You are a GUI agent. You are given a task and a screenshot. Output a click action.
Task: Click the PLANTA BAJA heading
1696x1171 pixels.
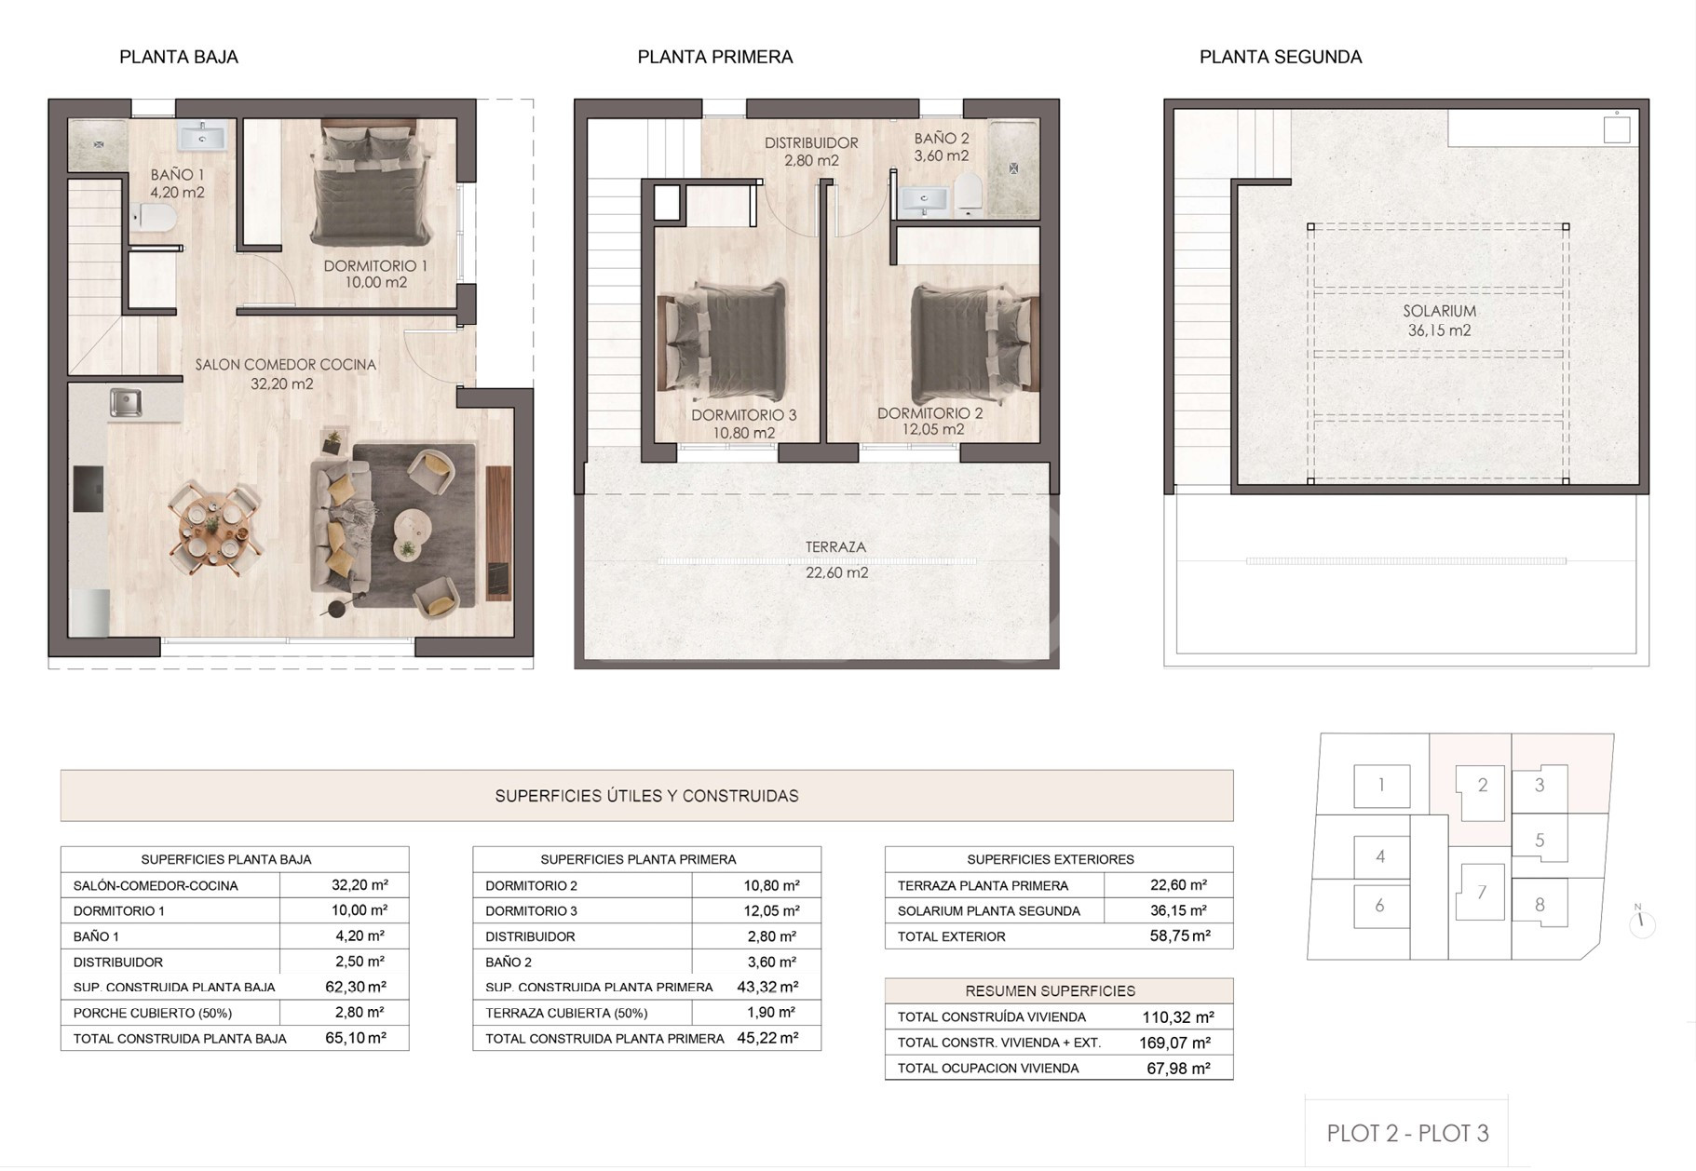click(179, 57)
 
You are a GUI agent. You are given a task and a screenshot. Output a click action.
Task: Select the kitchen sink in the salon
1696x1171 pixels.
click(126, 403)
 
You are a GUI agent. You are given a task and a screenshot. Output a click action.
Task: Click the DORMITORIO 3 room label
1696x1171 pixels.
click(743, 415)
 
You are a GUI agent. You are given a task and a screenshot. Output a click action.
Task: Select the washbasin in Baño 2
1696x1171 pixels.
click(924, 198)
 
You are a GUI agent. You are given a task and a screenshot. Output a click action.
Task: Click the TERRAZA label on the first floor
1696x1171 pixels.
click(835, 547)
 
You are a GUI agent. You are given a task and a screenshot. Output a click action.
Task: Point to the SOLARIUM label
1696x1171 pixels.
click(1439, 311)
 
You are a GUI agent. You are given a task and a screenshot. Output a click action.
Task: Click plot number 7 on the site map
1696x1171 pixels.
click(1481, 893)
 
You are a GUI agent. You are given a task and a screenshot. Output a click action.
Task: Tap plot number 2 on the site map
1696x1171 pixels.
click(1483, 786)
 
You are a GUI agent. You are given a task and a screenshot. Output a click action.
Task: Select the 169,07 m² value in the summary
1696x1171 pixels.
click(1174, 1043)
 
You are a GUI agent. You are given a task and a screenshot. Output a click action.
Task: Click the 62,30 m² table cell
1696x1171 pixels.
click(356, 987)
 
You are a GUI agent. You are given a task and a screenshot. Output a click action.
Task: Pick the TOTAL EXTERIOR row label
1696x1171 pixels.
click(951, 936)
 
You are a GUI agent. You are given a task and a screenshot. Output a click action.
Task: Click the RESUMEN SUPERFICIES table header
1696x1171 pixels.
click(1050, 991)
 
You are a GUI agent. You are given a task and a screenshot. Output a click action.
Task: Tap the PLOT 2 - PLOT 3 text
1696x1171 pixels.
click(1407, 1133)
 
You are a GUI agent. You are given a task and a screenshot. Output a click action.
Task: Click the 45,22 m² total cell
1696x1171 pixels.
click(768, 1038)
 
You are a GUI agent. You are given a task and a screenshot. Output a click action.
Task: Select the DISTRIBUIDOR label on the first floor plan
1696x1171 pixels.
click(811, 143)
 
